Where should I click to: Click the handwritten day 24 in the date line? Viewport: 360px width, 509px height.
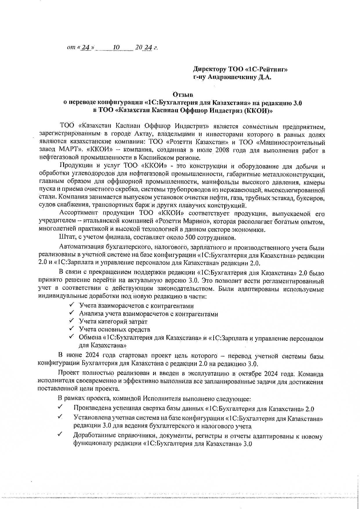pos(86,48)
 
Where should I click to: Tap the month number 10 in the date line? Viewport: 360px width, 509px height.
pos(116,47)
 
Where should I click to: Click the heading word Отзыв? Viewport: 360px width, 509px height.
pos(183,95)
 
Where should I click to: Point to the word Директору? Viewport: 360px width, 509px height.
pos(210,69)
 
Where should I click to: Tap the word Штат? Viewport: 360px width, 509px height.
pos(66,238)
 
